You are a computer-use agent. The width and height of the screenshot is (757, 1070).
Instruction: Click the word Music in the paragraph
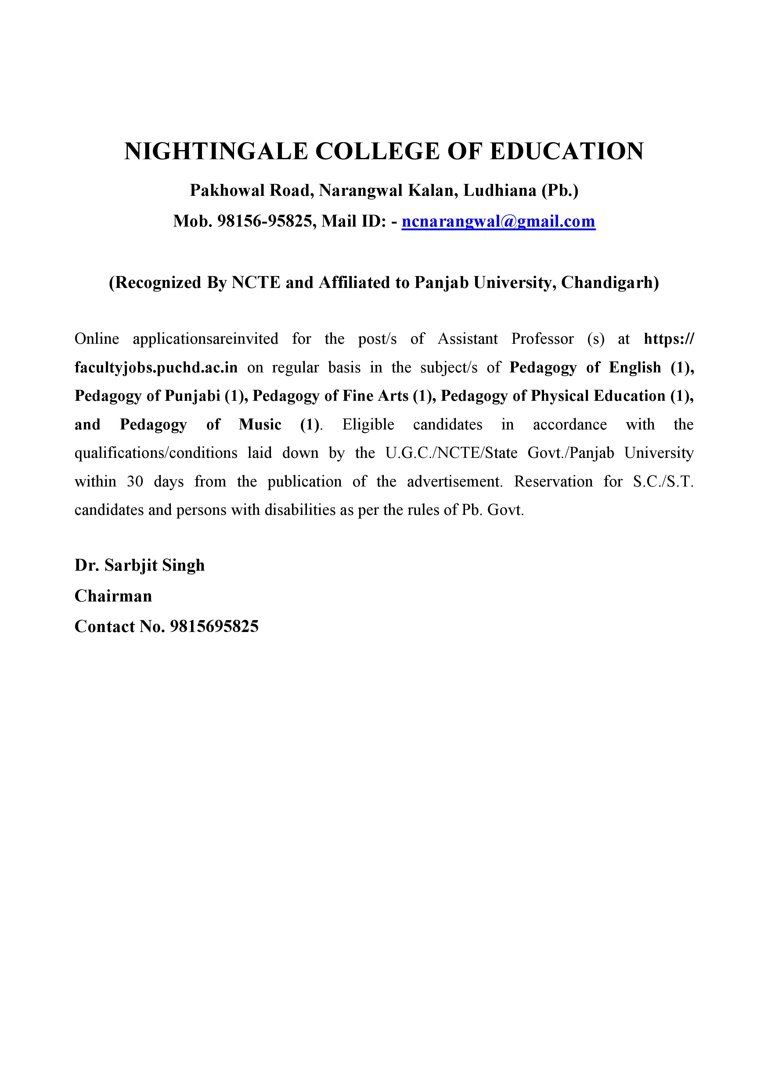(x=260, y=425)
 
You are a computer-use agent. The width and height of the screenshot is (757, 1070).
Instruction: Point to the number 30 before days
(x=135, y=481)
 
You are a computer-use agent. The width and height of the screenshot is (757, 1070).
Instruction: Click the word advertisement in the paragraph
(x=455, y=481)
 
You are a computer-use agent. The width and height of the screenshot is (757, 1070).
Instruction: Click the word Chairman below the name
(x=113, y=596)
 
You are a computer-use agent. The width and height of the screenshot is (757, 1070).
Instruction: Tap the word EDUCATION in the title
(x=567, y=152)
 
